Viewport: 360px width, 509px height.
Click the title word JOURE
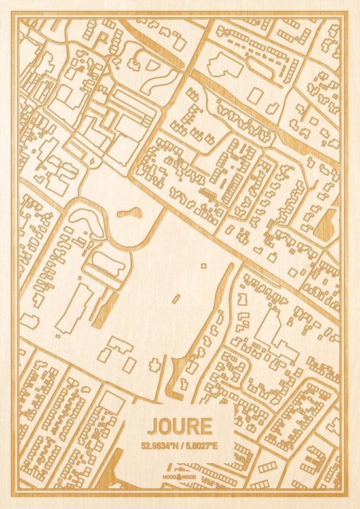coord(179,426)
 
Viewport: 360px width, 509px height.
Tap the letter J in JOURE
coord(153,426)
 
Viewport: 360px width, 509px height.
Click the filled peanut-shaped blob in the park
coord(132,213)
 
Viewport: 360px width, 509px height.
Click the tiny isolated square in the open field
coord(203,266)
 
